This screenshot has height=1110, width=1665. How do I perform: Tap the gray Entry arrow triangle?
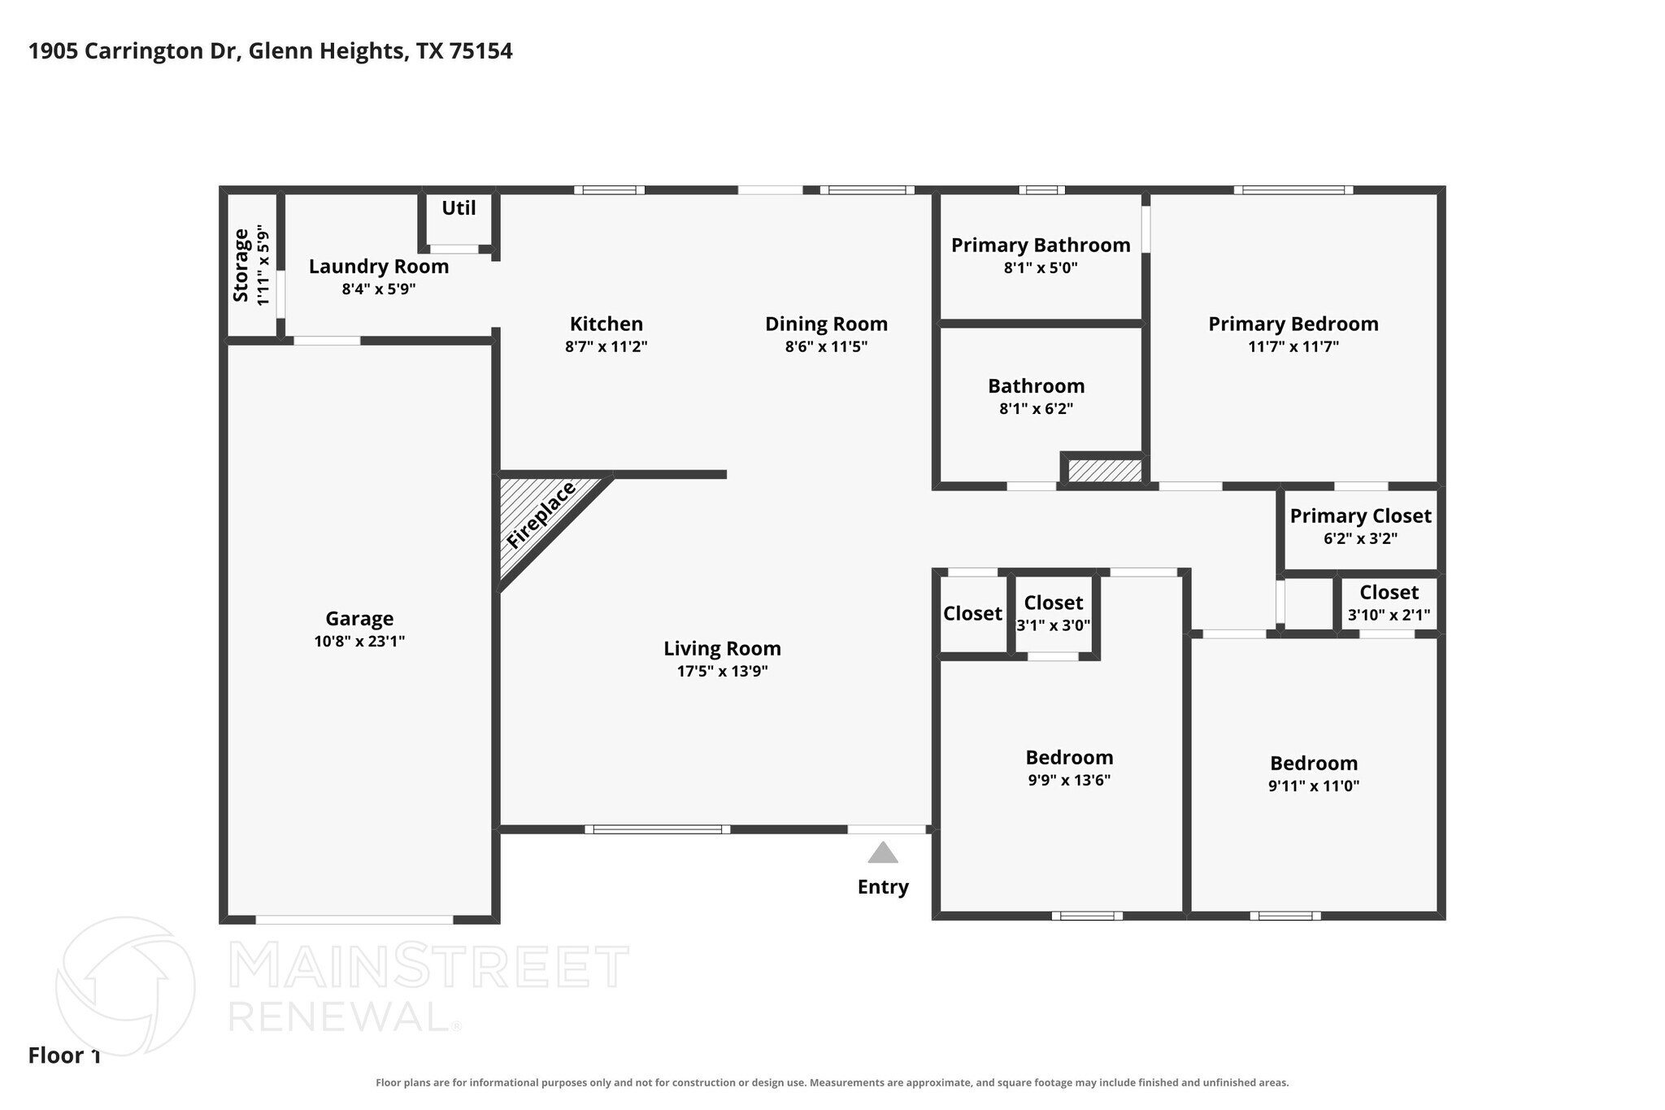point(883,852)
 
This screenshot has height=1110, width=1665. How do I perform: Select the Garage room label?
point(359,619)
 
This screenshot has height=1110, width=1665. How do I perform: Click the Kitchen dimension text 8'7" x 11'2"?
point(606,346)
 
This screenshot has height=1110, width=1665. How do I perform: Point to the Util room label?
point(459,208)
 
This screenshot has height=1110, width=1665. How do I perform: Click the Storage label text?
point(241,265)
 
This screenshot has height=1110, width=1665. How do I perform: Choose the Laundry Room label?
point(379,267)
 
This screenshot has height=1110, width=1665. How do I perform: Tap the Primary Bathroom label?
point(1041,245)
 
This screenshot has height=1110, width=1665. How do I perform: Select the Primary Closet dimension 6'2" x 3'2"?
point(1361,538)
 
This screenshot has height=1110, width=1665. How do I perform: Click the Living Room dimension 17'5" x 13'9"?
point(722,672)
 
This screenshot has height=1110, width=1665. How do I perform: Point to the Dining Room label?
point(826,324)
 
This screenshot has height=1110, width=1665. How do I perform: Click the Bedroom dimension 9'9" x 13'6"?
point(1069,781)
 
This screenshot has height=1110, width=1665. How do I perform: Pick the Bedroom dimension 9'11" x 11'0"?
point(1314,786)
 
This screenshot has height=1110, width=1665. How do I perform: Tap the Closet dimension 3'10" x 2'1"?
point(1389,616)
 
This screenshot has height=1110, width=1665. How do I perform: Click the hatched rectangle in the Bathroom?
point(1105,471)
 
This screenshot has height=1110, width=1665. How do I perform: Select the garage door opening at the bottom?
point(354,920)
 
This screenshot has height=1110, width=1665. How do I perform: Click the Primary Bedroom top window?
point(1293,190)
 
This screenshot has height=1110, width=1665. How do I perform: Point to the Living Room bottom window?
point(658,829)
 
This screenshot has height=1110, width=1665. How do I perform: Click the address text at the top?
point(271,51)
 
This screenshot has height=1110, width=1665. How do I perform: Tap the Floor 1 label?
point(64,1056)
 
